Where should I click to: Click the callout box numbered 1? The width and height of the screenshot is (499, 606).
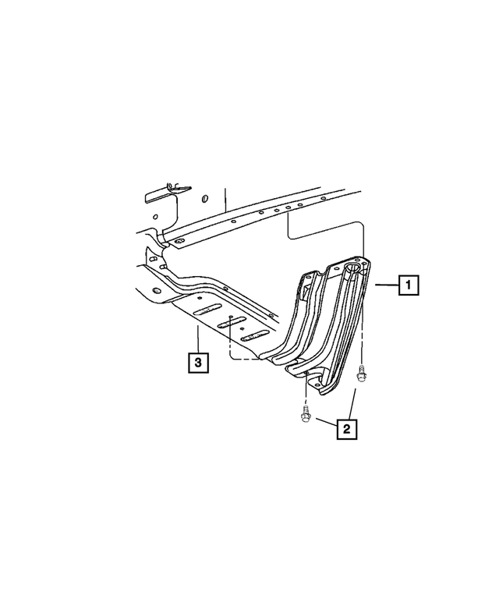coord(409,285)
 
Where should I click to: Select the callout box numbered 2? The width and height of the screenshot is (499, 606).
coord(346,428)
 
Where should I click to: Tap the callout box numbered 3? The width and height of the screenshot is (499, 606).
coord(198,363)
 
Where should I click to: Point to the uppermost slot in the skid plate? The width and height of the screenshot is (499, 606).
coord(207,310)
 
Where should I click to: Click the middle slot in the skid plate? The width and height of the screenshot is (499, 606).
coord(232,323)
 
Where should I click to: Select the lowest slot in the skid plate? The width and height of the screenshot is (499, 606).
coord(255,336)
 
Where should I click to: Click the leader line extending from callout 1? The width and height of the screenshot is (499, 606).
coord(387,285)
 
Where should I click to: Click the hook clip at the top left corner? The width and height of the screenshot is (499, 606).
coord(173,185)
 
